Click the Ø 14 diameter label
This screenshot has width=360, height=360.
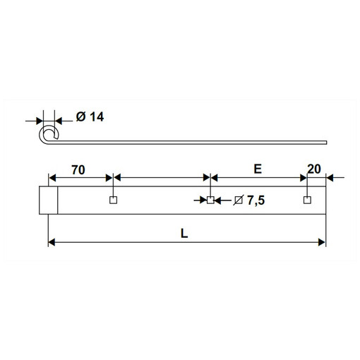tap(90, 116)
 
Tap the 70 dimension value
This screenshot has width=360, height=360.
tap(78, 170)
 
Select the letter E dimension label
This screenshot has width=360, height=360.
tap(258, 169)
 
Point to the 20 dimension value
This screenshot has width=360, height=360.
tap(314, 169)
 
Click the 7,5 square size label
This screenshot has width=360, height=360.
tap(256, 200)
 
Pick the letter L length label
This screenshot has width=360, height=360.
tap(184, 234)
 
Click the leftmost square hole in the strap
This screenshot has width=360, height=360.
tap(114, 200)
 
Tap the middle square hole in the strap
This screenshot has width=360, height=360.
tap(210, 200)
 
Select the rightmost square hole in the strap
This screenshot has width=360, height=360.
tap(306, 200)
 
